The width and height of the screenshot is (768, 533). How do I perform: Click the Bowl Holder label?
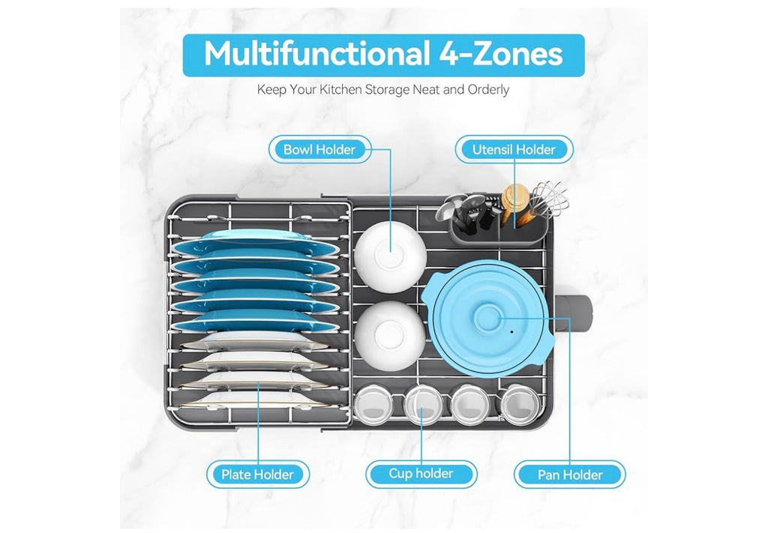tap(319, 149)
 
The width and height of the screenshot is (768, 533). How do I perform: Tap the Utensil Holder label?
tap(514, 149)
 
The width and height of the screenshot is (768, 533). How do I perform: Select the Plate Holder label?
tap(258, 475)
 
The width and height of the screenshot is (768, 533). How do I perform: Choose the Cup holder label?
tap(421, 474)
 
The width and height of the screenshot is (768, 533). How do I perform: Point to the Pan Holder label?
tap(570, 475)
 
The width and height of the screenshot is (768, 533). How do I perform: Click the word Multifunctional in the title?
tap(314, 53)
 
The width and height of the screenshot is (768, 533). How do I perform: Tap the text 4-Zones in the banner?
tap(500, 53)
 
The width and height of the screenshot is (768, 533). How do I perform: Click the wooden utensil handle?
tap(515, 201)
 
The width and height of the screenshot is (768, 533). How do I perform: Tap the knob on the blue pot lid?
tap(487, 318)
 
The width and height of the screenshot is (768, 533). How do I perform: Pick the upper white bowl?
tap(390, 256)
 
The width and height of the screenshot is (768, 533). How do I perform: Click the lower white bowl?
tap(390, 336)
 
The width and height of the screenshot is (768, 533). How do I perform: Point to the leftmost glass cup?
tap(373, 404)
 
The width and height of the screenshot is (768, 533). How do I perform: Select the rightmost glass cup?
tap(517, 404)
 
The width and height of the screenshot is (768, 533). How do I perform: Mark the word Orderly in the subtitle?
tap(488, 89)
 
